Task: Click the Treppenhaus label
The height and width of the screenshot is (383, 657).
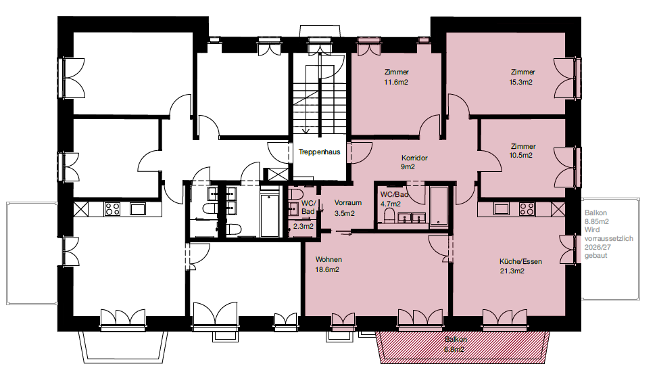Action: [x=319, y=152]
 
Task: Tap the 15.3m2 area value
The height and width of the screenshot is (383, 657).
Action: [x=521, y=83]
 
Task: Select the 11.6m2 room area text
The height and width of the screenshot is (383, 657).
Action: [x=396, y=83]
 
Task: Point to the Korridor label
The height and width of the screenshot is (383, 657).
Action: [x=414, y=158]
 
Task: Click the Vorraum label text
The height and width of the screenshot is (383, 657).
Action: [x=348, y=202]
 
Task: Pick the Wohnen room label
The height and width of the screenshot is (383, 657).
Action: [x=328, y=260]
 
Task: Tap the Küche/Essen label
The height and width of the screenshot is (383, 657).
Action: [x=521, y=261]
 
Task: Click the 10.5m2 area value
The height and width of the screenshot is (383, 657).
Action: [x=521, y=155]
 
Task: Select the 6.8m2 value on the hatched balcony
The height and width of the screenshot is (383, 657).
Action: [x=454, y=349]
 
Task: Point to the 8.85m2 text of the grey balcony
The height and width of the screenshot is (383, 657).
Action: [x=597, y=221]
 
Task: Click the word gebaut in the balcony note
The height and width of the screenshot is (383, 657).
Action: [x=595, y=256]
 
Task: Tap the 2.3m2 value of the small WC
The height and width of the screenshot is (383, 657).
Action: [x=303, y=227]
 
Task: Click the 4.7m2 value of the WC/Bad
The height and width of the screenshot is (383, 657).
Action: [x=391, y=204]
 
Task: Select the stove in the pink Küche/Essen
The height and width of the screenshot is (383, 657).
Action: [x=527, y=208]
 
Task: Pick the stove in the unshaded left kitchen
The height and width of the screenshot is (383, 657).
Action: [x=112, y=208]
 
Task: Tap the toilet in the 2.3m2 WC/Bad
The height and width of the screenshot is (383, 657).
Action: [x=296, y=195]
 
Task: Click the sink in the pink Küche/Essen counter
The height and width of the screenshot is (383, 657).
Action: [x=501, y=208]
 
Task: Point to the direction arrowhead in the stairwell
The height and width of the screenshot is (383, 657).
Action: [x=306, y=131]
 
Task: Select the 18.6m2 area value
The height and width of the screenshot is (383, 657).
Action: [x=327, y=270]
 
